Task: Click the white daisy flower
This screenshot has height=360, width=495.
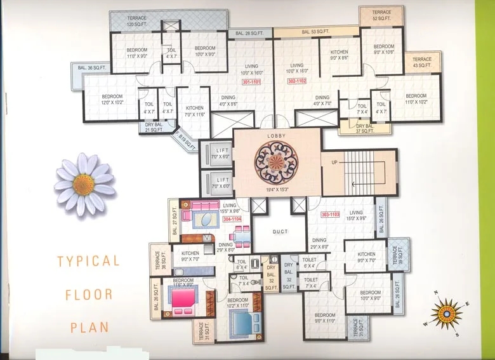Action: pos(84,183)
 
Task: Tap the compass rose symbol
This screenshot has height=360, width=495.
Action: pos(447,312)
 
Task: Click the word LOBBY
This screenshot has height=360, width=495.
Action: pos(276,136)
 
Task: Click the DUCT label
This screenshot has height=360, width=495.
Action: pos(280,232)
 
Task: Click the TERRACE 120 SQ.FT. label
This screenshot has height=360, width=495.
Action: pos(136,21)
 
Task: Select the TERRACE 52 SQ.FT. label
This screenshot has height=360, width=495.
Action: pos(381,15)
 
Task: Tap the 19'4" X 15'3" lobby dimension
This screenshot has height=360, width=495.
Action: pos(276,189)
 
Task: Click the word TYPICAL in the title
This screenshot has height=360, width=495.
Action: pos(88,261)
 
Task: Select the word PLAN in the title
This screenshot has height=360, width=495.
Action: pos(89,328)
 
